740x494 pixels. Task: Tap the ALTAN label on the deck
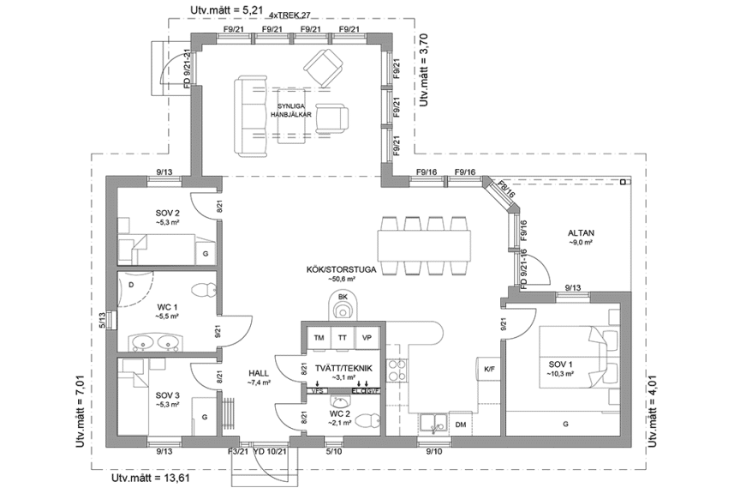pos(580,233)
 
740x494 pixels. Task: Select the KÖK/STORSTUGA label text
pos(341,269)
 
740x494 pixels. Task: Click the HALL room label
pos(258,374)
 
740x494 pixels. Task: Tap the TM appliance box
pos(319,338)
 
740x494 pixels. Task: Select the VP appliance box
pos(367,338)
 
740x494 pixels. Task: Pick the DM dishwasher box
pos(460,425)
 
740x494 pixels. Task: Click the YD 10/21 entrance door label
pos(271,450)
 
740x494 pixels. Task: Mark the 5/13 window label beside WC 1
pos(101,320)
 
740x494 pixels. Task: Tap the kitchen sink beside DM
pos(430,421)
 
